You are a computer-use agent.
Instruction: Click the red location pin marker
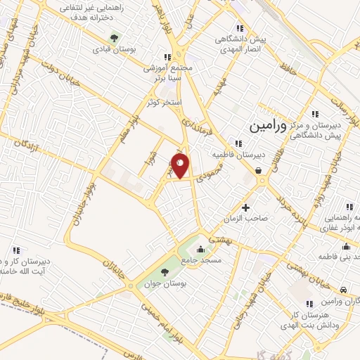coord(181,166)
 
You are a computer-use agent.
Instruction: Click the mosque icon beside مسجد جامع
coord(202,248)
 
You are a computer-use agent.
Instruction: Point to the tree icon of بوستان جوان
coord(165,272)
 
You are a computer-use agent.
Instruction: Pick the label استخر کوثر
coord(165,103)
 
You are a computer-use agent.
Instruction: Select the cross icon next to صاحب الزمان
coord(245,207)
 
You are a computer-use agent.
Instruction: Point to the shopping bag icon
coord(259,169)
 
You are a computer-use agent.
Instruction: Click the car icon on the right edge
coord(342,290)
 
